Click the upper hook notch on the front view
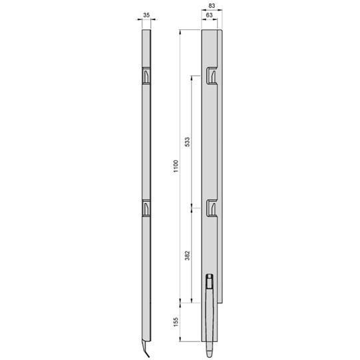210,76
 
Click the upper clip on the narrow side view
146,77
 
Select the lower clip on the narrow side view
146,208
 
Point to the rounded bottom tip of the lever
208,347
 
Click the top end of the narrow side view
146,31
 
